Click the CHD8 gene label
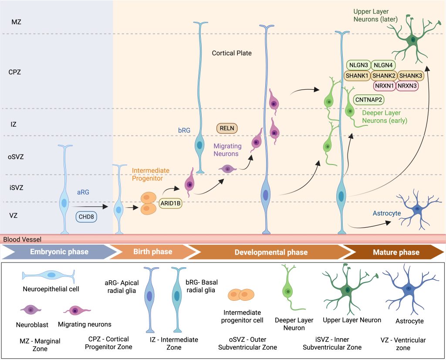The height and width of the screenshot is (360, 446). [x=86, y=217]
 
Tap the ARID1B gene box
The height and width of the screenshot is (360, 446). [x=170, y=203]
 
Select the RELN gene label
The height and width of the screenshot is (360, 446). [x=227, y=128]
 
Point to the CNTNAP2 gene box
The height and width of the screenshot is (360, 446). [x=368, y=100]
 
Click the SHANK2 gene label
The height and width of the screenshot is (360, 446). [x=384, y=76]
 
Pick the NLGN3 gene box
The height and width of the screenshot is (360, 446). [x=358, y=65]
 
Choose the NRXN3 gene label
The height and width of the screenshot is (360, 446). [x=407, y=86]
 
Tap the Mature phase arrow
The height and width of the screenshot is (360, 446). [x=396, y=252]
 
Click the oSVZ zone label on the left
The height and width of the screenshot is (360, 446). [x=16, y=157]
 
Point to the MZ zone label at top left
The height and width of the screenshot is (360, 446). [x=16, y=22]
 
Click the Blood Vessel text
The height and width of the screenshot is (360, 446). [x=22, y=239]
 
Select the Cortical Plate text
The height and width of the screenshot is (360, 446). [x=232, y=53]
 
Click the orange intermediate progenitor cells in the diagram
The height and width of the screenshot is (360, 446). [x=149, y=203]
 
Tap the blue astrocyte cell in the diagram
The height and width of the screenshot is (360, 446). [x=417, y=209]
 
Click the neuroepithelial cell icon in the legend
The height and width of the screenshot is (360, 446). [x=49, y=275]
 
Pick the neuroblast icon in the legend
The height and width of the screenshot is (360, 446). [x=31, y=310]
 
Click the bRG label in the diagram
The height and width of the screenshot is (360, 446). [x=184, y=130]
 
